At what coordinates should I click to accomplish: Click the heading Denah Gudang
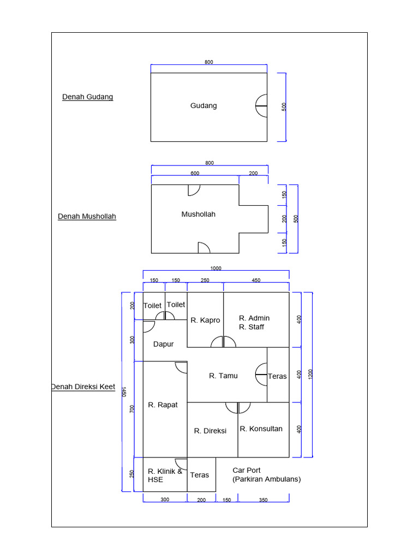click(x=87, y=97)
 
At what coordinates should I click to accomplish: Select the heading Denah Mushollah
click(x=87, y=216)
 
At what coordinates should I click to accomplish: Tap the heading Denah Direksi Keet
click(x=83, y=386)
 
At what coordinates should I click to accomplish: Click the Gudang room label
click(x=203, y=105)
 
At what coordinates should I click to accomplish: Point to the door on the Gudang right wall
click(x=261, y=105)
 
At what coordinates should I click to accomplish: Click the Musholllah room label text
click(x=198, y=214)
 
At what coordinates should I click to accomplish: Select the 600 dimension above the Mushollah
click(x=195, y=173)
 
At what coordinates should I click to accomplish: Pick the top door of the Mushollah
click(x=194, y=190)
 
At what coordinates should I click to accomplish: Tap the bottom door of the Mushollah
click(x=203, y=248)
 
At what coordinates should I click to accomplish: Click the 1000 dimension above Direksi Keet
click(x=216, y=268)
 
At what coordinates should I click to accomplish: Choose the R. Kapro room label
click(x=205, y=320)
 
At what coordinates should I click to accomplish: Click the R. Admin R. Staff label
click(x=254, y=322)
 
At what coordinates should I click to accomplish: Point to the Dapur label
click(x=163, y=344)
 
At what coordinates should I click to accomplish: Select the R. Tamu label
click(x=223, y=376)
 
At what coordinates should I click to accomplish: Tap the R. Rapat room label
click(x=163, y=405)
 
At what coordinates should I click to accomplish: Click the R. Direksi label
click(x=210, y=431)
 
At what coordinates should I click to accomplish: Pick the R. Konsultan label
click(x=261, y=429)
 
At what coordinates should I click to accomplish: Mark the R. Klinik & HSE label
click(x=165, y=475)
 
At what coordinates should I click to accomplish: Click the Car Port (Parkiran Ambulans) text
click(x=266, y=474)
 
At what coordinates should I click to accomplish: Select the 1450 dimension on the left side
click(x=124, y=392)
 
